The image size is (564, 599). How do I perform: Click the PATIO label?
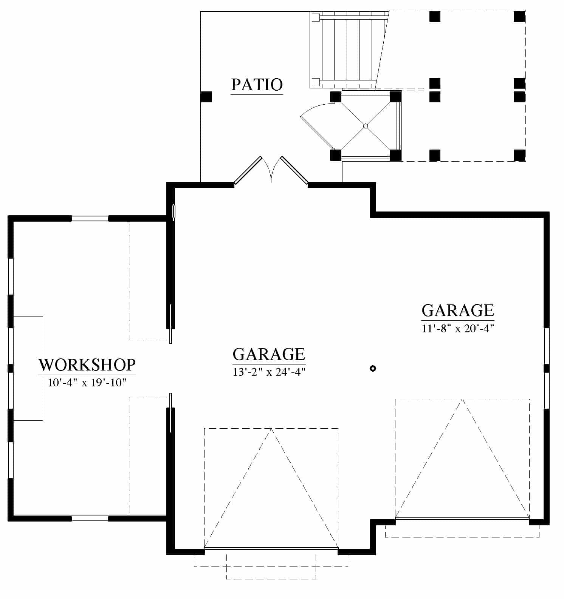click(257, 85)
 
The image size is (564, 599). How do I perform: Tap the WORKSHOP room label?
click(87, 365)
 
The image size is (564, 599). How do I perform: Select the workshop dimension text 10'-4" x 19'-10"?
click(87, 383)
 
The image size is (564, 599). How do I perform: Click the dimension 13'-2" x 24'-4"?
click(269, 372)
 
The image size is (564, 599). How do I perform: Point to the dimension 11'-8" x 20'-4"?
click(458, 328)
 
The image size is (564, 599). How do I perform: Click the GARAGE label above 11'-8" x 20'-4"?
click(458, 310)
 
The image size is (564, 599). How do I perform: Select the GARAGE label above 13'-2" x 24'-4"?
click(269, 354)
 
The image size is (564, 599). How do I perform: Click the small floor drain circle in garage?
click(373, 368)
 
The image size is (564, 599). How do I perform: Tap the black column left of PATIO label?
click(206, 97)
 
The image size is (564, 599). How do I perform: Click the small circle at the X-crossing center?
click(365, 126)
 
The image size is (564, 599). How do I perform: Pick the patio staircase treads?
click(348, 49)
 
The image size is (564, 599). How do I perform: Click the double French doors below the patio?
click(271, 170)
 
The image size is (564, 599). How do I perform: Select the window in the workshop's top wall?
click(90, 218)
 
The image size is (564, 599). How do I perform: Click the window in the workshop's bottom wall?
click(90, 519)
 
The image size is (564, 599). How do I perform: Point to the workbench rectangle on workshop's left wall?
click(28, 368)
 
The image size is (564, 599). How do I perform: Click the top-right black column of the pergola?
click(519, 16)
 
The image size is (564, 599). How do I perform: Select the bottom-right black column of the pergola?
click(519, 155)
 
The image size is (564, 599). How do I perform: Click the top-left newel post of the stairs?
click(315, 17)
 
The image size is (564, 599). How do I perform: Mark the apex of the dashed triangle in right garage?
click(462, 399)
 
